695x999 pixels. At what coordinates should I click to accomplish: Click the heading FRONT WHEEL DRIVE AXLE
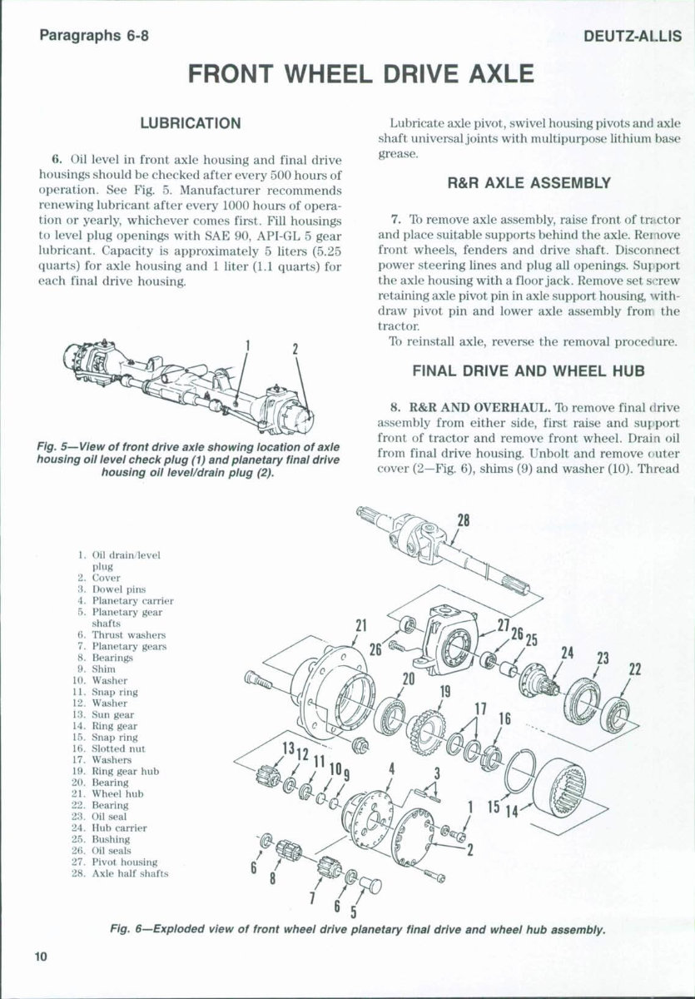pyautogui.click(x=360, y=75)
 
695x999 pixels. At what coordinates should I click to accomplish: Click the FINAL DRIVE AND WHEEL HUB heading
pyautogui.click(x=529, y=371)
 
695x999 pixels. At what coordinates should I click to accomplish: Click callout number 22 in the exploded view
pyautogui.click(x=635, y=670)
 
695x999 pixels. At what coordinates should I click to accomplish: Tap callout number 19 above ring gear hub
pyautogui.click(x=445, y=691)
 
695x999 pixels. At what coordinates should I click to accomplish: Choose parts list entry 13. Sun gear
pyautogui.click(x=112, y=714)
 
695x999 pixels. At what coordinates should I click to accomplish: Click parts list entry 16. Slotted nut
pyautogui.click(x=116, y=748)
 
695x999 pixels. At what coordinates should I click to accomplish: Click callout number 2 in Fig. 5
pyautogui.click(x=295, y=349)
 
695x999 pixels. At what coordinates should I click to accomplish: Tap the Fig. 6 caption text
pyautogui.click(x=359, y=929)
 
